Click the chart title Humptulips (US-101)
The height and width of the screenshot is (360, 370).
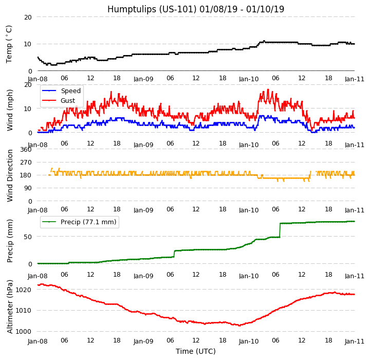[x=195, y=9]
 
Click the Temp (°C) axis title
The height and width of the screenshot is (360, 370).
[x=9, y=44]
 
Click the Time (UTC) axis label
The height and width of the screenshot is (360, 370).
[x=195, y=352]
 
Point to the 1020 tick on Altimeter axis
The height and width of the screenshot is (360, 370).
[x=24, y=290]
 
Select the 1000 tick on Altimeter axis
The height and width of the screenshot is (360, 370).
[x=24, y=332]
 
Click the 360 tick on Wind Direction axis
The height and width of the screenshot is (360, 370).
[x=26, y=150]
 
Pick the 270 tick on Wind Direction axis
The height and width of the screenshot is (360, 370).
[x=26, y=163]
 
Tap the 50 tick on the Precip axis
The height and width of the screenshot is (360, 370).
[x=28, y=237]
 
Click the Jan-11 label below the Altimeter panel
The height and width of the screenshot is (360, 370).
[x=354, y=341]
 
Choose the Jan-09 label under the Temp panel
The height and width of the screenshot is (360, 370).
[x=143, y=79]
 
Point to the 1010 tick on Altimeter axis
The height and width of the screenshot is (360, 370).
[x=24, y=311]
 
